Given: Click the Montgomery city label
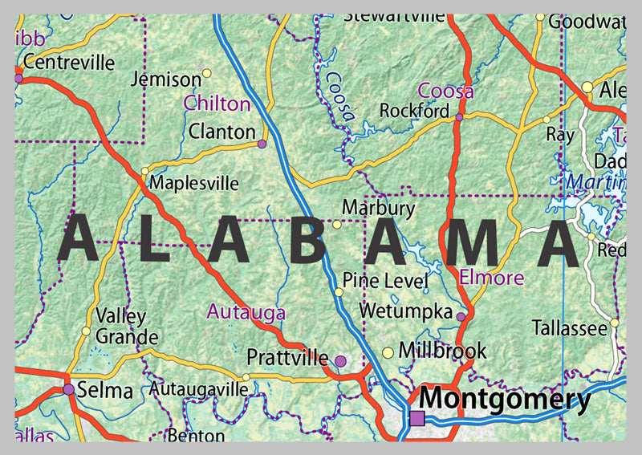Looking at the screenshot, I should [x=506, y=399].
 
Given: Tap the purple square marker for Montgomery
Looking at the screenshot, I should [x=416, y=417].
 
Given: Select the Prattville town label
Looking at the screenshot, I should [x=287, y=356].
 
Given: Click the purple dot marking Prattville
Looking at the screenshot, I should [x=340, y=362].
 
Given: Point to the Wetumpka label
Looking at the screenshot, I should [x=406, y=310].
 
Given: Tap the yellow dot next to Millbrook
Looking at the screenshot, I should [x=388, y=352].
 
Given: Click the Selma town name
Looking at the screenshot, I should [x=106, y=391].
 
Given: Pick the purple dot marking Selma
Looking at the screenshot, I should [x=69, y=389].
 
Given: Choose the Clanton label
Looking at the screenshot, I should [x=222, y=131].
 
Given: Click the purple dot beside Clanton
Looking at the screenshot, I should [x=262, y=144].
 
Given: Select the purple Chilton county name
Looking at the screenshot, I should [x=217, y=104].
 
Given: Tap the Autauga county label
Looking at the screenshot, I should [x=246, y=311].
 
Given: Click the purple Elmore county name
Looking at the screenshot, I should [x=492, y=278].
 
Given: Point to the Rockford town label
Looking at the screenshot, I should [x=414, y=111].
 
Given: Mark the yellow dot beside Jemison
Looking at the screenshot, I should [x=206, y=73].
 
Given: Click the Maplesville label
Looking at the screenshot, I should [x=194, y=183].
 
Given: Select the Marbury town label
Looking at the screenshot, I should [x=378, y=209].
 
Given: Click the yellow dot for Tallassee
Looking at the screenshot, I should [x=615, y=323].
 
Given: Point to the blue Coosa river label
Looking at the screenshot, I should [x=339, y=95].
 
